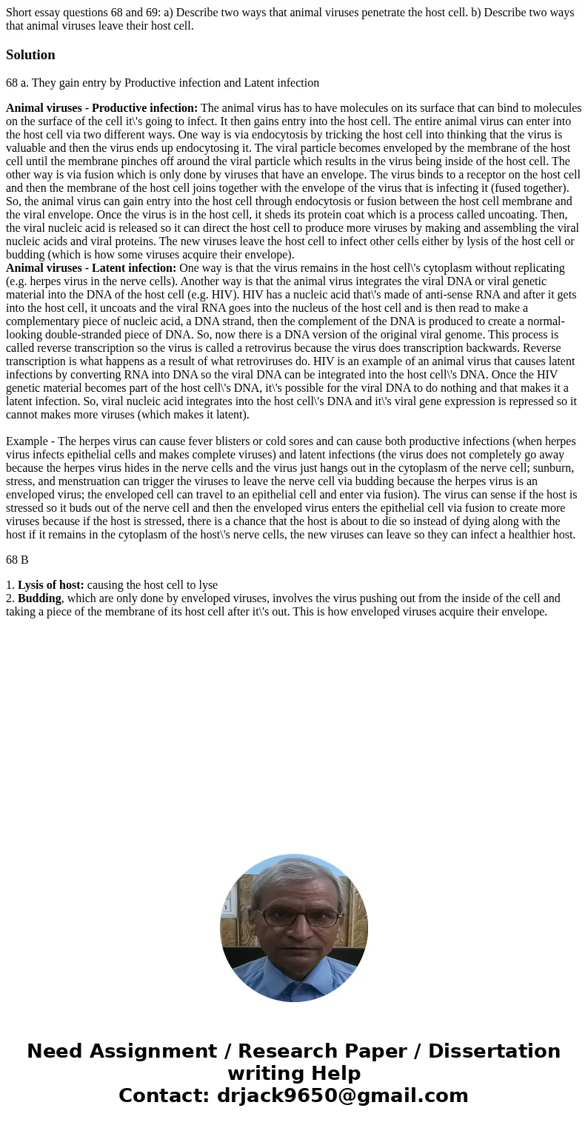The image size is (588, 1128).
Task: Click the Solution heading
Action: tap(30, 55)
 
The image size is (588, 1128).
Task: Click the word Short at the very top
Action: tap(20, 13)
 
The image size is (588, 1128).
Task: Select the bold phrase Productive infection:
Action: tap(144, 108)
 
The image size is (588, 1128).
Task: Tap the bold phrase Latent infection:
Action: tap(134, 268)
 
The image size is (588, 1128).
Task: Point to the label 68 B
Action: tap(17, 560)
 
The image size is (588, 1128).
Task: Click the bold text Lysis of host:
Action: tap(50, 585)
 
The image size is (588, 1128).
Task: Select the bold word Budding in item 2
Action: tap(39, 598)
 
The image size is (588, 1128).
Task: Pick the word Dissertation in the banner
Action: tap(494, 1052)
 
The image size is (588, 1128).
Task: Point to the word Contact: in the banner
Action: tap(164, 1095)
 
